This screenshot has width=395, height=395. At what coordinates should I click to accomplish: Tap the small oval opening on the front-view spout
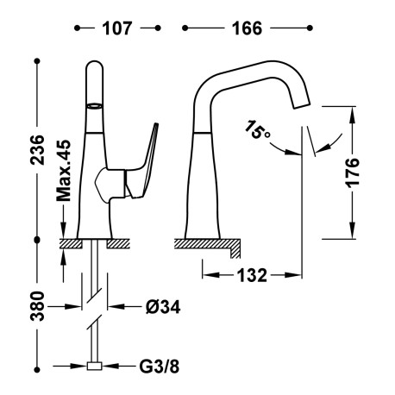(x=93, y=103)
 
